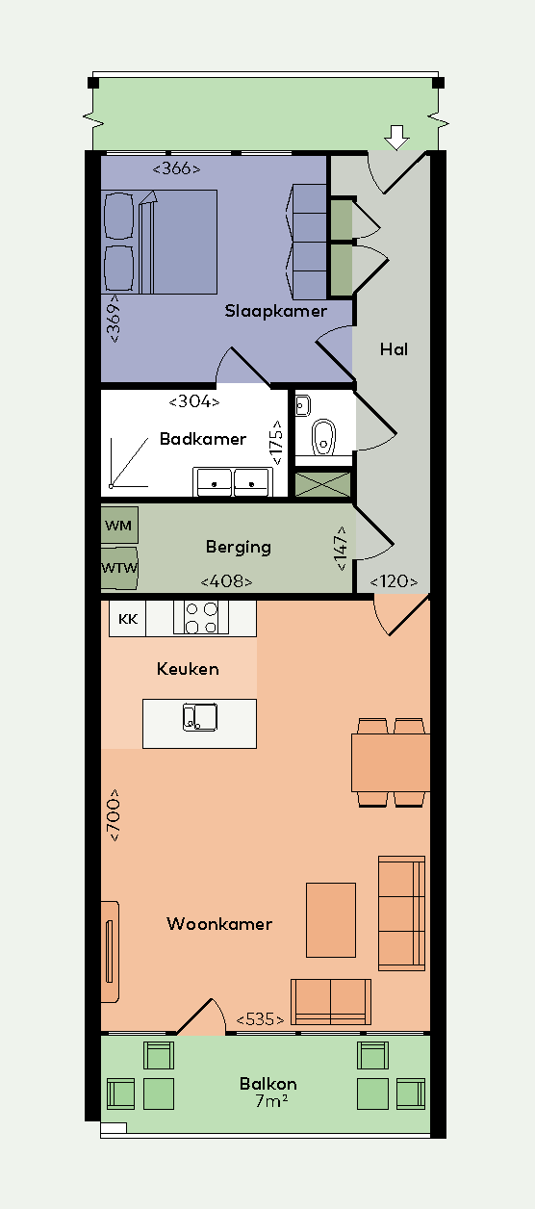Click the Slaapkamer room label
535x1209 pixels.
tap(276, 311)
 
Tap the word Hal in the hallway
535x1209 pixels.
tap(394, 349)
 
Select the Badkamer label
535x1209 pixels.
tap(203, 439)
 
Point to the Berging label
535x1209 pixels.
tap(239, 547)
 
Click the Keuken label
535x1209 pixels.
tap(188, 668)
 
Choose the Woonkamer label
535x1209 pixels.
tap(219, 924)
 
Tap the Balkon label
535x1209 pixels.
tap(268, 1084)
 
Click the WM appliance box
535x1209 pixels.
tap(119, 526)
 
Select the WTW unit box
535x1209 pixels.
tap(119, 567)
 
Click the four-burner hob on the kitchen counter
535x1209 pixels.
tap(201, 618)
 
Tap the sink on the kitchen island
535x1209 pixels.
tap(200, 717)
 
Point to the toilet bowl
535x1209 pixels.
tap(323, 436)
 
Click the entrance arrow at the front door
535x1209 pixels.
tap(395, 138)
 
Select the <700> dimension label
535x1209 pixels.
tap(114, 816)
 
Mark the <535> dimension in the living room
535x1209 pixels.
tap(260, 1019)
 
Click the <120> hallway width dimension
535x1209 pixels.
tap(394, 581)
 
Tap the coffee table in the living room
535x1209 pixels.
tap(331, 919)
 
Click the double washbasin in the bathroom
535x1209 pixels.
tap(232, 480)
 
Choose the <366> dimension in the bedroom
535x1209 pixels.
tap(176, 168)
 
